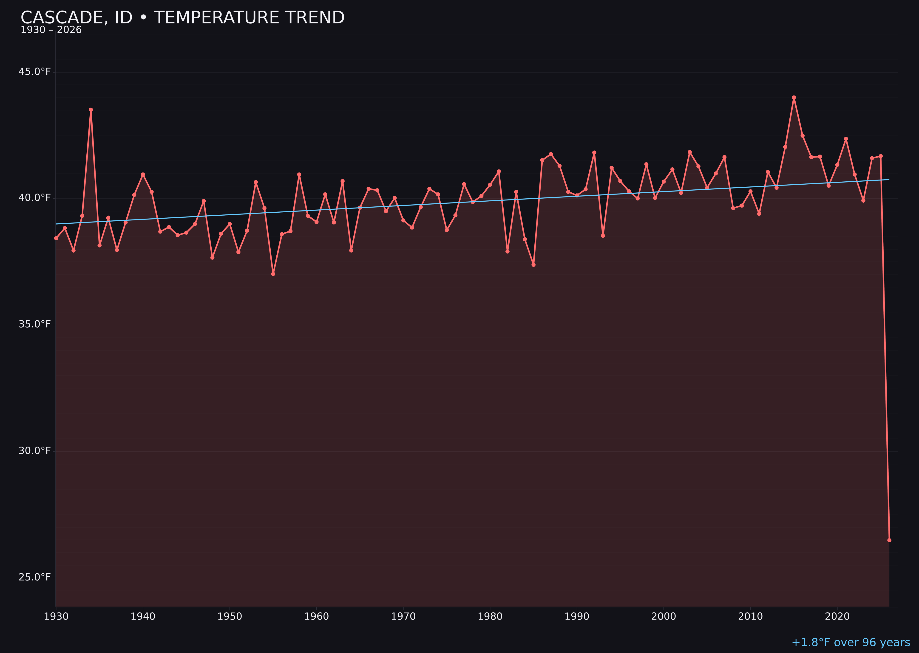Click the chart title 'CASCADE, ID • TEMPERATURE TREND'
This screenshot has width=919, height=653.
coord(182,18)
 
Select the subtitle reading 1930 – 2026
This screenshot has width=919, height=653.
coord(51,30)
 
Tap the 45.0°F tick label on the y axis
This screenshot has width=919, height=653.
coord(35,72)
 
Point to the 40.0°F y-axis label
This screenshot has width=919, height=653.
coord(35,198)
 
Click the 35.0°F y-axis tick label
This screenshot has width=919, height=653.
coord(35,324)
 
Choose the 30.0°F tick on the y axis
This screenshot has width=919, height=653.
coord(35,451)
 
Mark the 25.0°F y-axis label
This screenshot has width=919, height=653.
coord(35,577)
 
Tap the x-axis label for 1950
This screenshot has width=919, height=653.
coord(230,616)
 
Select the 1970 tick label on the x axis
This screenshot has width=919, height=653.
coord(403,616)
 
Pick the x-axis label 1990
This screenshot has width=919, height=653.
coord(577,616)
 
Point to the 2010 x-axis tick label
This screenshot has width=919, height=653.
coord(750,616)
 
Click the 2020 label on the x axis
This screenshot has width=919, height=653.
coord(837,616)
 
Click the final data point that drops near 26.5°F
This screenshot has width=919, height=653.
coord(889,540)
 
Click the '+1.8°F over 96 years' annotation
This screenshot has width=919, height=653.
coord(851,642)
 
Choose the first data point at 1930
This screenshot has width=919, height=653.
coord(56,238)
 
